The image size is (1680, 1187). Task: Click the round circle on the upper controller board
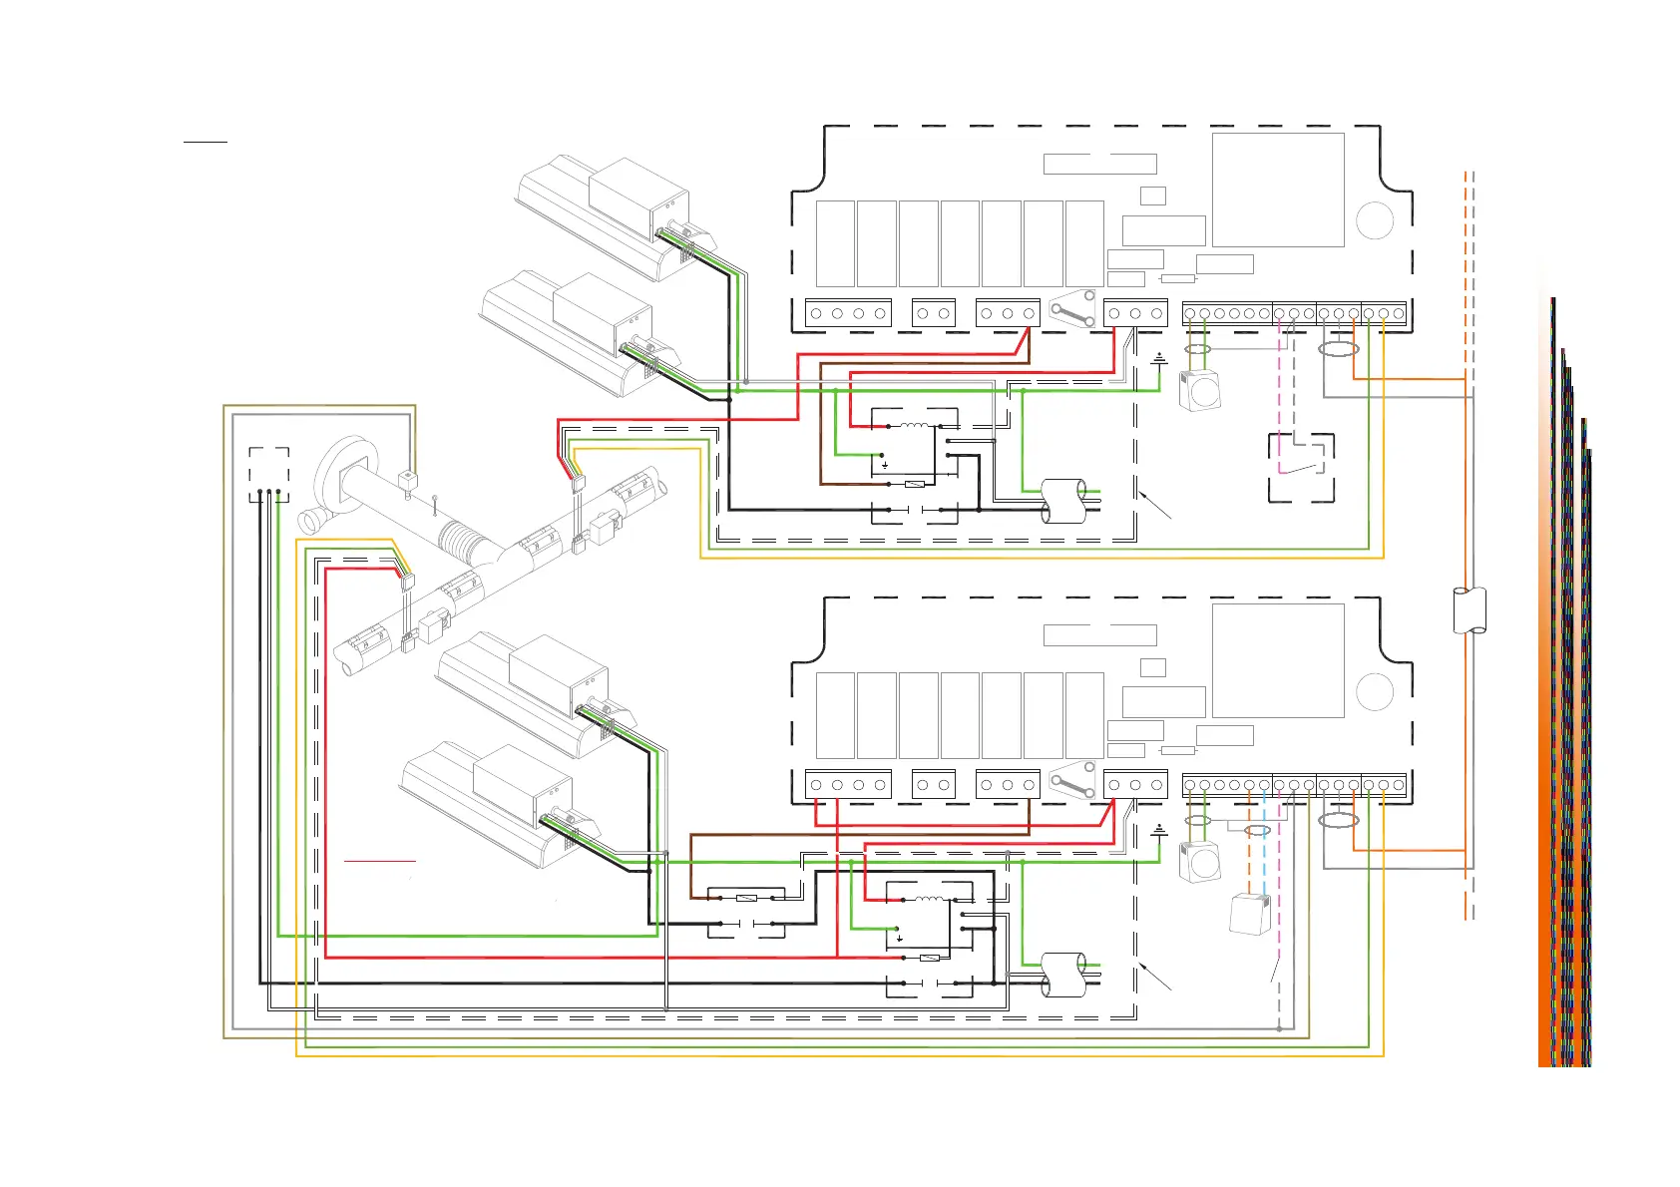(1375, 219)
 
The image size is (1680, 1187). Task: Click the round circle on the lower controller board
(1375, 691)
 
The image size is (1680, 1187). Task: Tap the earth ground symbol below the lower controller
(1158, 830)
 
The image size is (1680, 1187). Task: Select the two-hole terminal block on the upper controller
(933, 313)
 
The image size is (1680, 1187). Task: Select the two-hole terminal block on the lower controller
(933, 785)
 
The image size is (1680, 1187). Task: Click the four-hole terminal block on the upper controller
(848, 313)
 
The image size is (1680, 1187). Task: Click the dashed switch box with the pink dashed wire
(1301, 467)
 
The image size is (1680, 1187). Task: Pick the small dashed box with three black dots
(268, 474)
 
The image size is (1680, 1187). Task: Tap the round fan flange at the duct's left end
(341, 477)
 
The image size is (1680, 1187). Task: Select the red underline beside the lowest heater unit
(379, 860)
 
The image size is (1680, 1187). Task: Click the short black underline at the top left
(206, 142)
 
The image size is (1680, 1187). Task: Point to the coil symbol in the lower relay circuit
(930, 899)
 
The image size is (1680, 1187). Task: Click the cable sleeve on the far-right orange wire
(1469, 610)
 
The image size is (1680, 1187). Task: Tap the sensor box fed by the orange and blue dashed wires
(1250, 914)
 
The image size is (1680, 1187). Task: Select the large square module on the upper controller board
(1278, 190)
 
